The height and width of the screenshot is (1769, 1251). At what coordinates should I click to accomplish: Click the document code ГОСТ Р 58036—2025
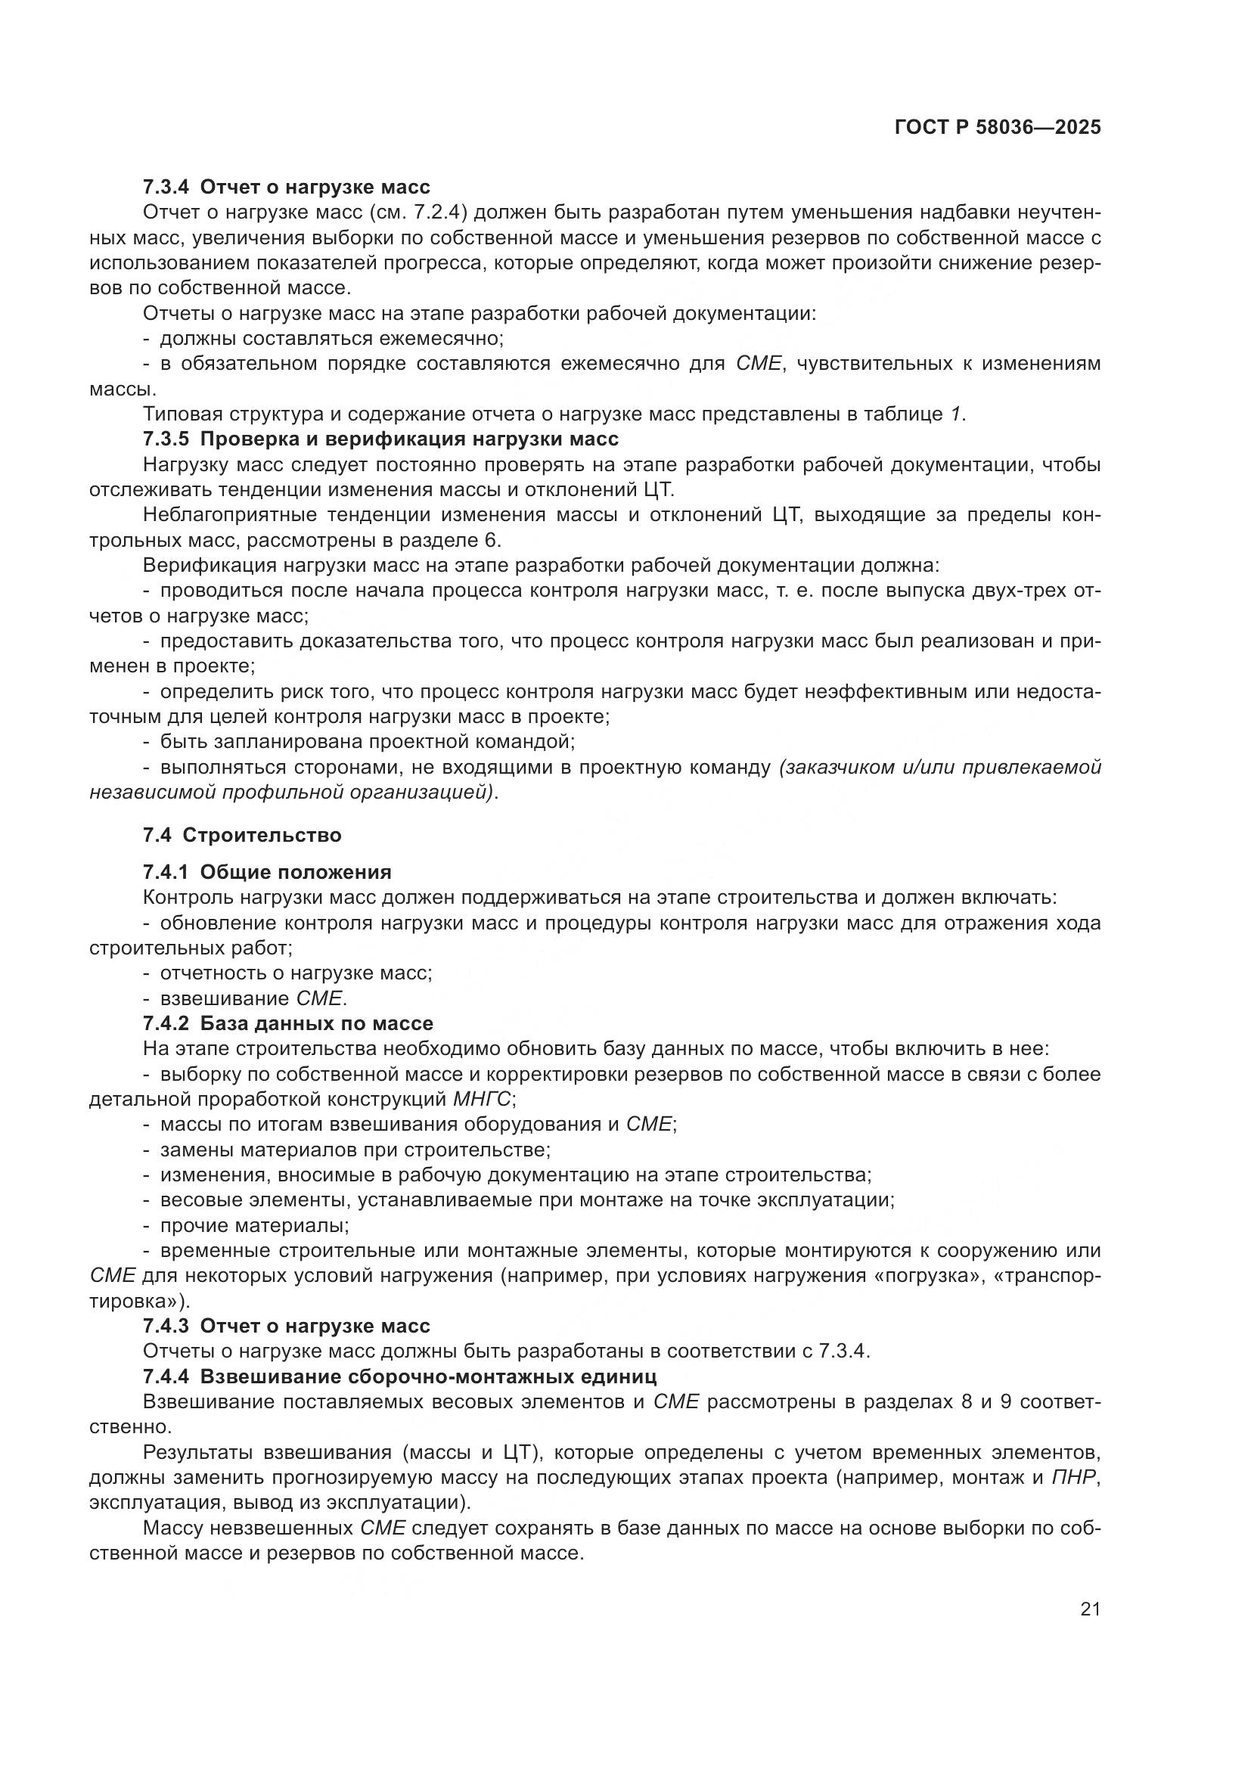(998, 128)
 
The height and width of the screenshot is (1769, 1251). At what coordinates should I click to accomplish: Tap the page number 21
(1090, 1609)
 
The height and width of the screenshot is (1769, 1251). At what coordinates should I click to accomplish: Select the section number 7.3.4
(166, 188)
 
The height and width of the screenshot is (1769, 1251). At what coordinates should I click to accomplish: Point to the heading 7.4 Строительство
(242, 835)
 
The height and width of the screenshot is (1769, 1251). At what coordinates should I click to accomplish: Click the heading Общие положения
(296, 872)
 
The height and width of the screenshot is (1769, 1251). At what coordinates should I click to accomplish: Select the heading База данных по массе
(317, 1023)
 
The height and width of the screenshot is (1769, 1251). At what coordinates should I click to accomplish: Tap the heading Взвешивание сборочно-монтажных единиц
(427, 1376)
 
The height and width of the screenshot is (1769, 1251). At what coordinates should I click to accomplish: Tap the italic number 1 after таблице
(955, 414)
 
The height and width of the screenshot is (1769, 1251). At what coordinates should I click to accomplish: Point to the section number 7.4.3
(166, 1326)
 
